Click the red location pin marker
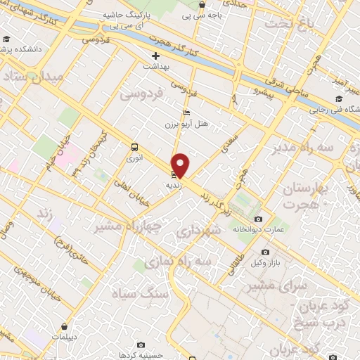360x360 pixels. pyautogui.click(x=181, y=164)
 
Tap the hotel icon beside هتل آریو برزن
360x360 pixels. pyautogui.click(x=186, y=112)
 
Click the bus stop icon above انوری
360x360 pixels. pyautogui.click(x=134, y=147)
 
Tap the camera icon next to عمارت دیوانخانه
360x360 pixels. pyautogui.click(x=258, y=219)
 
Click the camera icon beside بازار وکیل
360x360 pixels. pyautogui.click(x=265, y=252)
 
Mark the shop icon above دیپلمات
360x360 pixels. pyautogui.click(x=65, y=326)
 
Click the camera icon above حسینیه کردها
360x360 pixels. pyautogui.click(x=141, y=345)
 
